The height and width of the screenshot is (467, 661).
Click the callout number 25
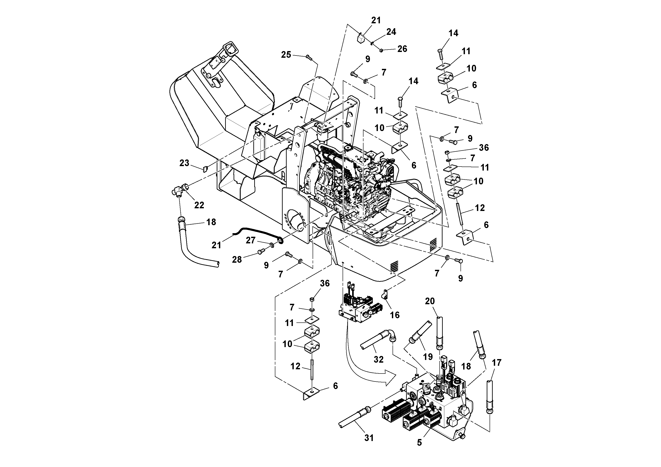tap(286, 55)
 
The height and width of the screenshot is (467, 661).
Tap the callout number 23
tap(184, 163)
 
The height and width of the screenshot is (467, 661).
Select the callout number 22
tap(199, 205)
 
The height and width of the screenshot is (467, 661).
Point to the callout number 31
tap(369, 438)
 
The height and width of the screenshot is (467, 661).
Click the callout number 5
tap(419, 443)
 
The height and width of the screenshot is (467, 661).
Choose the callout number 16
tap(395, 315)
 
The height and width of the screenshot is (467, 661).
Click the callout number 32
tap(379, 359)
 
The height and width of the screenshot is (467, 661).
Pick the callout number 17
tap(497, 362)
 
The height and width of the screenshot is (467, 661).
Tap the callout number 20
tap(430, 301)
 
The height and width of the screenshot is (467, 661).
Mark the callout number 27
tap(250, 240)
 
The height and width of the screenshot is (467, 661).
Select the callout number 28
tap(237, 260)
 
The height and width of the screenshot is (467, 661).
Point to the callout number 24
tap(391, 32)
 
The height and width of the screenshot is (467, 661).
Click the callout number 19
tap(428, 357)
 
